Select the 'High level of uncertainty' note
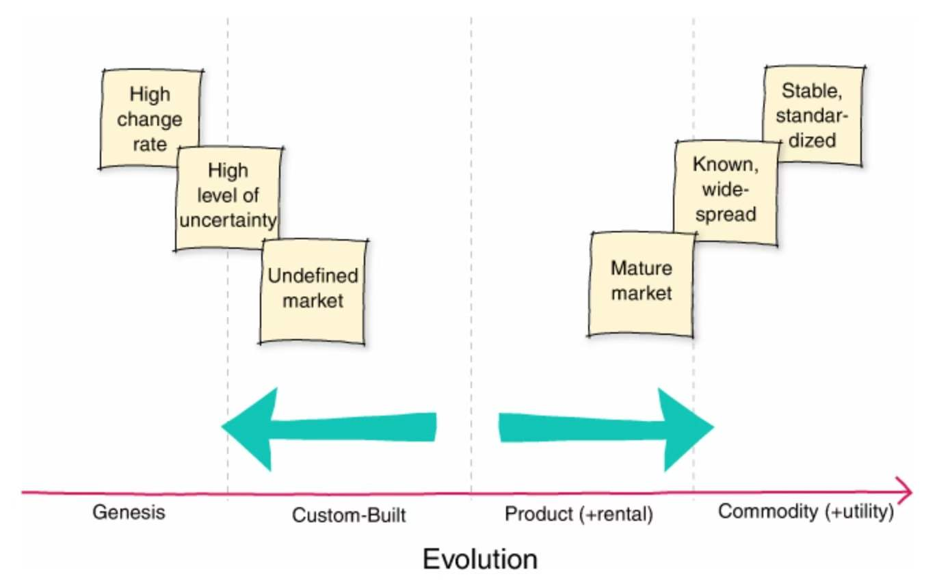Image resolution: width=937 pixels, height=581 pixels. (x=228, y=198)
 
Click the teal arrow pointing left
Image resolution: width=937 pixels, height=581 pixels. (x=328, y=428)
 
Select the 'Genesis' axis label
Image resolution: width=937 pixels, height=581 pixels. (x=129, y=512)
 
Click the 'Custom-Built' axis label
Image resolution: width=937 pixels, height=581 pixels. (x=349, y=515)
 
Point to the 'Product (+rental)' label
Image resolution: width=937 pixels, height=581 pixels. (x=579, y=514)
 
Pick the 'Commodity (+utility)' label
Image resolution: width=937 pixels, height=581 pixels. (x=806, y=512)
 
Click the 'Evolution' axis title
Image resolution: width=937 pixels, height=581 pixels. (x=479, y=559)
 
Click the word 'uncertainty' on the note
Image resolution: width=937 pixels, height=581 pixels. (x=228, y=220)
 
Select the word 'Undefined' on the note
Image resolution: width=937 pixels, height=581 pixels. (x=313, y=276)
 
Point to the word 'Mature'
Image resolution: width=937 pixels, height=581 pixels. (x=641, y=267)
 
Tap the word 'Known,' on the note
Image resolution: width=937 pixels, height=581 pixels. (x=726, y=165)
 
